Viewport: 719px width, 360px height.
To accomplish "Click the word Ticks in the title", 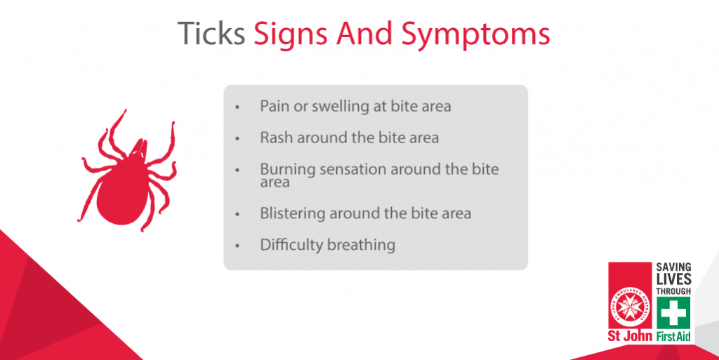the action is click(211, 33).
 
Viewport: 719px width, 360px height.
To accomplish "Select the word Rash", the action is click(276, 138).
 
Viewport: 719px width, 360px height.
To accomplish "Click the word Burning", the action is click(288, 170).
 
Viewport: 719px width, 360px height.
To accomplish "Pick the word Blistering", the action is click(293, 214).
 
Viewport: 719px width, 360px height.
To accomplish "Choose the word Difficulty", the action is click(291, 245).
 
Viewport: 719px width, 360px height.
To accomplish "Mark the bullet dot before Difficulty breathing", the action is click(237, 246).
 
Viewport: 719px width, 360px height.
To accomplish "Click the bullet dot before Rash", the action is click(237, 138).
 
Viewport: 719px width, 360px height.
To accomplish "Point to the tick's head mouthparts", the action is click(139, 149).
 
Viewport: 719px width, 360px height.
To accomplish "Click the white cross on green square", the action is click(673, 313).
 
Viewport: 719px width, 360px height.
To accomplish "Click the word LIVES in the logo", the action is click(673, 279).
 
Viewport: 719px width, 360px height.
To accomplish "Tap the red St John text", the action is click(630, 336).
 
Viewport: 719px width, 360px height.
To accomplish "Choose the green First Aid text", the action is click(673, 337).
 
